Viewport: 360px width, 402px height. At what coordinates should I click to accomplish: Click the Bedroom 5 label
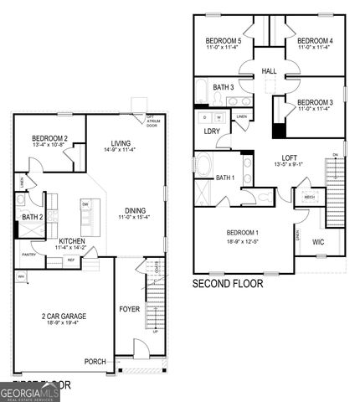(x=224, y=41)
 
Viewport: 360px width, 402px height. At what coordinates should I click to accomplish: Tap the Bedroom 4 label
(x=315, y=41)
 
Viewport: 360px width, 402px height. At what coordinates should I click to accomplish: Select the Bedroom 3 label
(x=315, y=102)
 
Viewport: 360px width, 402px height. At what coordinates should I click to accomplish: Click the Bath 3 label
(x=223, y=87)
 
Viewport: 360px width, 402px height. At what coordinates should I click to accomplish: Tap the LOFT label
(x=289, y=157)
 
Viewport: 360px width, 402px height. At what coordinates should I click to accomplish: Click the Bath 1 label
(x=225, y=178)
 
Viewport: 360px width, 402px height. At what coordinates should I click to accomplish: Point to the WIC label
(x=318, y=243)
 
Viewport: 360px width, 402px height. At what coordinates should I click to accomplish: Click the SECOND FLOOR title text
(x=228, y=284)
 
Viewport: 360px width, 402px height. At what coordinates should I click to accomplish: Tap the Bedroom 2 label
(x=50, y=139)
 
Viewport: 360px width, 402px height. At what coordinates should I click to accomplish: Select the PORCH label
(x=95, y=362)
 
